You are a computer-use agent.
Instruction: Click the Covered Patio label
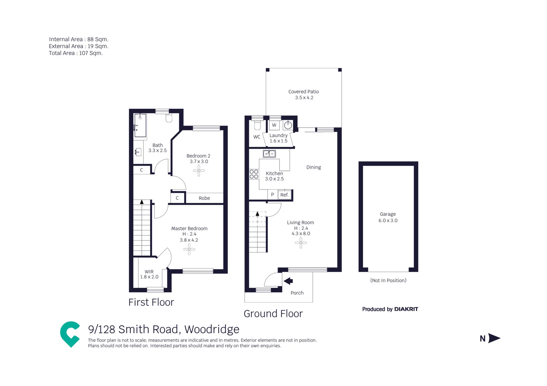pos(303,94)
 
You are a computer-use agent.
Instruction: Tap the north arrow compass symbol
pos(493,338)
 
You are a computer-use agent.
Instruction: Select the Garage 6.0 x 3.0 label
pos(388,217)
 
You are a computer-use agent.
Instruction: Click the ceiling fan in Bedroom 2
pos(199,171)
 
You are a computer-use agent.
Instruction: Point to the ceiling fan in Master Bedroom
pos(189,249)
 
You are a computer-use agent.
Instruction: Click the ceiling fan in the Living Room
pos(301,243)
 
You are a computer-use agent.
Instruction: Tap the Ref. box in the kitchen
pos(284,195)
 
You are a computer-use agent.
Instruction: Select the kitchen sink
pos(269,154)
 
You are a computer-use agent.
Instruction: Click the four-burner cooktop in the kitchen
pos(254,174)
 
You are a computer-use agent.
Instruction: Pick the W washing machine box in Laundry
pos(274,125)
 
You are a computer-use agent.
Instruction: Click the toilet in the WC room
pos(257,125)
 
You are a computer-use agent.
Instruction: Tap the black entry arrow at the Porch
pos(288,281)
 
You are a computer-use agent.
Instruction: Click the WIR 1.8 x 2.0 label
pos(149,274)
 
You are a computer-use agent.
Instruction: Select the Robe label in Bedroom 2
pos(204,198)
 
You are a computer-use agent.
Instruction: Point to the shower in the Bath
pos(140,125)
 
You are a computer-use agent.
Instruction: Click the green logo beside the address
pos(70,334)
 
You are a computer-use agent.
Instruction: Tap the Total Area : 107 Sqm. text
pos(76,53)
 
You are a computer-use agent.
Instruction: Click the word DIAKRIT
pos(406,309)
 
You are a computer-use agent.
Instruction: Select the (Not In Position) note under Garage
pos(388,280)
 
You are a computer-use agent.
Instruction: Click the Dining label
pos(313,167)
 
